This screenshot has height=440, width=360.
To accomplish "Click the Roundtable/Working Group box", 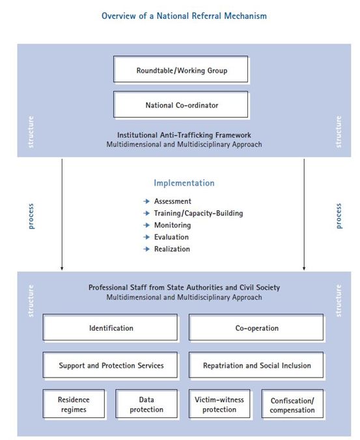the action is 181,69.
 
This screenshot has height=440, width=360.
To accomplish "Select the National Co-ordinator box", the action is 181,104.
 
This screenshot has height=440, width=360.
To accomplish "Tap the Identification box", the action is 110,327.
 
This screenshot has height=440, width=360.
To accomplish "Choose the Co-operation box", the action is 256,327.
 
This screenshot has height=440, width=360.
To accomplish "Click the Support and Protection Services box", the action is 110,364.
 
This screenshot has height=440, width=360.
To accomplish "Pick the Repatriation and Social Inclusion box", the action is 256,364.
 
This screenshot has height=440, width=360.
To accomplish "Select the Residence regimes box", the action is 74,404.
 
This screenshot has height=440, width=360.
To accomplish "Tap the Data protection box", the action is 146,404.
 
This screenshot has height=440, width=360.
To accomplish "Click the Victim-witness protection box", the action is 219,404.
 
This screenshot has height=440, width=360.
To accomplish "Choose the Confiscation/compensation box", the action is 292,404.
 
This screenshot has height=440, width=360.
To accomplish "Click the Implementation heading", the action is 184,184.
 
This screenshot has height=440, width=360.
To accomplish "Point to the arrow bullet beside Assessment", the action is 146,201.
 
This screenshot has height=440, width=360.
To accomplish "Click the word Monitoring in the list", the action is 173,225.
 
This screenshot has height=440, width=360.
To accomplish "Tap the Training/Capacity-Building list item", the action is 199,213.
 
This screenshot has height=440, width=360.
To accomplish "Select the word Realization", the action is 172,249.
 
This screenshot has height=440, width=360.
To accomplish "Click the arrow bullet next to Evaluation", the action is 146,237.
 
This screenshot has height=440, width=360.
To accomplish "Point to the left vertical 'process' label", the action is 31,216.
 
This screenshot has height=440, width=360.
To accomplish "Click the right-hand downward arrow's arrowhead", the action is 304,268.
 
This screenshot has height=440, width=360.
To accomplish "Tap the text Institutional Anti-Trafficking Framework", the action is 184,135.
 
